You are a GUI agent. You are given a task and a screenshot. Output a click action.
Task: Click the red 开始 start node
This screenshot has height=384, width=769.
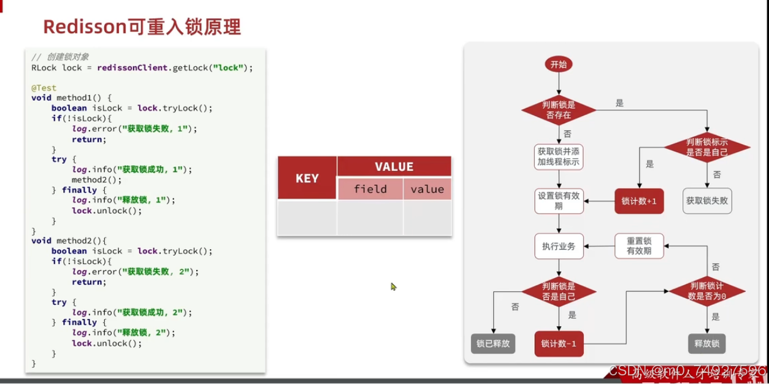point(558,64)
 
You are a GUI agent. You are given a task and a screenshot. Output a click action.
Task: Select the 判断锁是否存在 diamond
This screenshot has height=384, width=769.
point(558,110)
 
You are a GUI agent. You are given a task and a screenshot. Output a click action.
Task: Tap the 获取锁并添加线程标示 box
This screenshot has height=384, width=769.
point(558,156)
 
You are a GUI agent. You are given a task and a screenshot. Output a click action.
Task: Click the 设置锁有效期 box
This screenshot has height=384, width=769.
point(558,201)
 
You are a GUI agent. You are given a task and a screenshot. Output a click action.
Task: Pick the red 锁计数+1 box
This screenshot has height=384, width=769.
point(639,201)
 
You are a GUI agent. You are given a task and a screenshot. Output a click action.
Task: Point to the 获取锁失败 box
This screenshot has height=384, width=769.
point(708,201)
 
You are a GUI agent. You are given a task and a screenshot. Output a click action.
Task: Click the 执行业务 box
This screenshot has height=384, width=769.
point(558,246)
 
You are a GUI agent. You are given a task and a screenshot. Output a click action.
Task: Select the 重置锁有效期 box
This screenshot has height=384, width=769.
point(639,246)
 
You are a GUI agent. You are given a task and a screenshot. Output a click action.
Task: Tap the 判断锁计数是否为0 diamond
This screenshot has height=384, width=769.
point(708,291)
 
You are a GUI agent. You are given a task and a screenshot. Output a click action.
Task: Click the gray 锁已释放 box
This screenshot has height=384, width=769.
point(493,344)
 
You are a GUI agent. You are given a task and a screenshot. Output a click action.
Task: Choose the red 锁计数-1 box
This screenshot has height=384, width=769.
point(558,344)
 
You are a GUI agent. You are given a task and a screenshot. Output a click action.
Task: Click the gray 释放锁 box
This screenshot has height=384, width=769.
point(707,344)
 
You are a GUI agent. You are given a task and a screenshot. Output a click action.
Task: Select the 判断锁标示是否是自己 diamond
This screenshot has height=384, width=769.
point(708,147)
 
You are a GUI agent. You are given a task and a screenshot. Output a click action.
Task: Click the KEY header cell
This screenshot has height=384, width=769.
point(307,179)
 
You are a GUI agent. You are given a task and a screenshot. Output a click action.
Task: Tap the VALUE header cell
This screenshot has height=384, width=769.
point(394,167)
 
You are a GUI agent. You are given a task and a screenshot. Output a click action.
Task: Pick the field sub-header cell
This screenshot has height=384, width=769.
point(370,189)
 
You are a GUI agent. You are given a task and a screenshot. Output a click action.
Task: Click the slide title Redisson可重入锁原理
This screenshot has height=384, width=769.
point(142,27)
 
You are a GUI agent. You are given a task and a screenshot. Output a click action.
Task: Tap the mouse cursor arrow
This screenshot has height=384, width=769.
point(393,286)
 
